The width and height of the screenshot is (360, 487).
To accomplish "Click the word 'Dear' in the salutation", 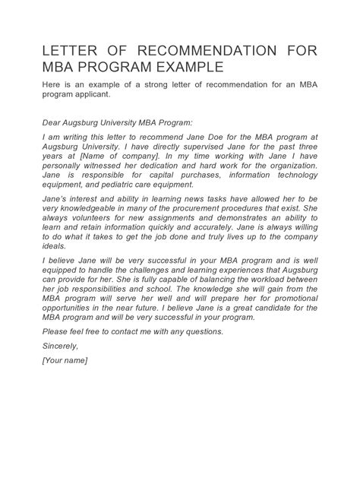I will (x=54, y=122).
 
